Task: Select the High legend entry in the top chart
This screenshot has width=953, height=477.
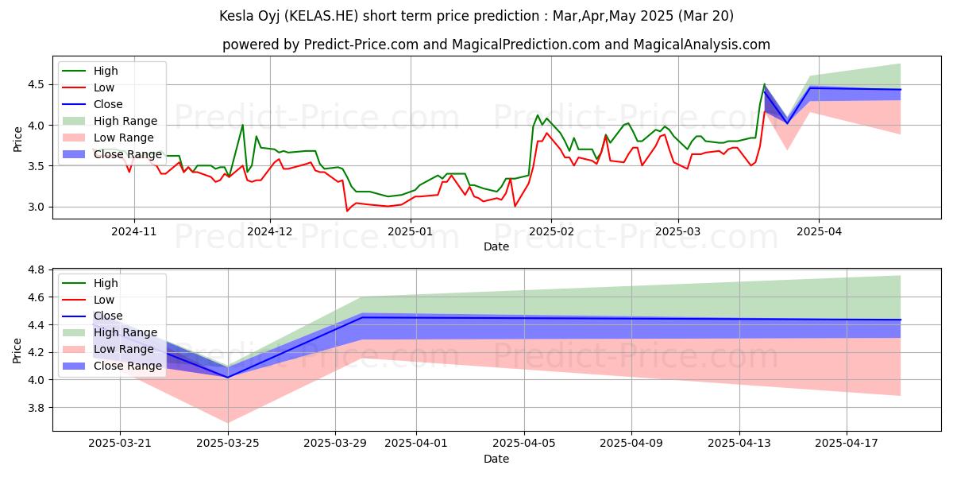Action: [x=106, y=71]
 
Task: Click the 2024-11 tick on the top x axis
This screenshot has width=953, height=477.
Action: [x=133, y=231]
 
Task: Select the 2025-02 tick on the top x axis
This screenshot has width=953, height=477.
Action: [x=551, y=231]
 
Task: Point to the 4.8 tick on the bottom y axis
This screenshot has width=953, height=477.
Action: [x=37, y=270]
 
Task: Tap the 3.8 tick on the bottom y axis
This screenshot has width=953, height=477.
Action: [x=37, y=408]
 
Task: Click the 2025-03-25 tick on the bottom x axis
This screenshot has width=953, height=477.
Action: [x=228, y=443]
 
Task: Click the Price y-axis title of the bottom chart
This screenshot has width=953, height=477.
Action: [x=17, y=350]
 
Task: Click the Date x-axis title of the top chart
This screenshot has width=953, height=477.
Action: [x=496, y=246]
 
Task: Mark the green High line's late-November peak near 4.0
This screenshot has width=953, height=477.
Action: [x=242, y=125]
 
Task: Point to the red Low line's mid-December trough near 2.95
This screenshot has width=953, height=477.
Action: [x=347, y=211]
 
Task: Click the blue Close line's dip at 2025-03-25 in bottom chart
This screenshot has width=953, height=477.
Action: [x=228, y=377]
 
